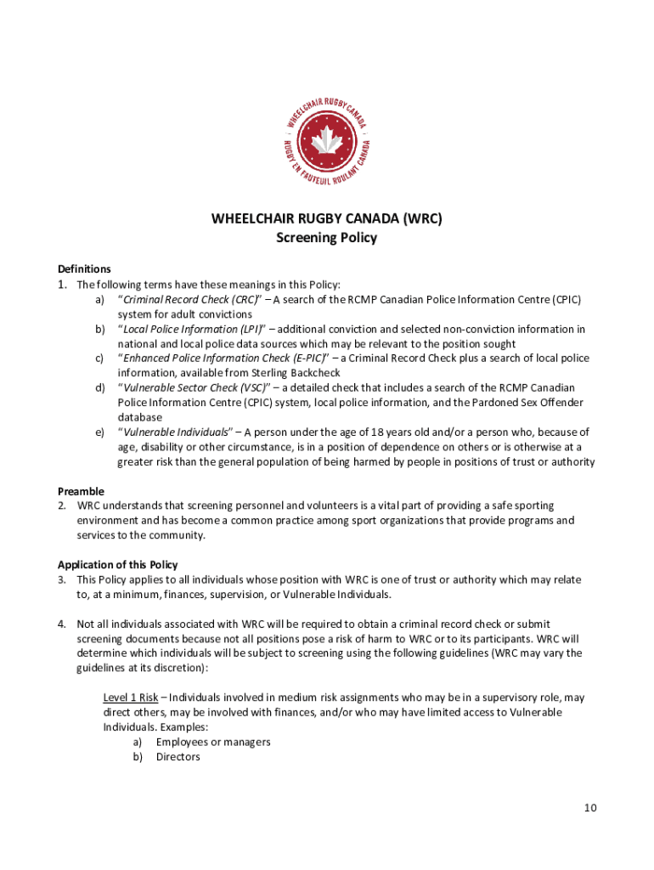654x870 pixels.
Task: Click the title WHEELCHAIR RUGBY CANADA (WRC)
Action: [326, 218]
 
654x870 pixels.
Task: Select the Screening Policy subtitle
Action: [326, 238]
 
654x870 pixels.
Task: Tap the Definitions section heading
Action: [84, 268]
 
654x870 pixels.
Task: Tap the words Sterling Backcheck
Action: [294, 373]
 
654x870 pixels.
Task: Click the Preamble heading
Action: [81, 491]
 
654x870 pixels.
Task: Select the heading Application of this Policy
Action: [117, 564]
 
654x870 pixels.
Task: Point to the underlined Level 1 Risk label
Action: [130, 698]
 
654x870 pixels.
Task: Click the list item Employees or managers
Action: [213, 742]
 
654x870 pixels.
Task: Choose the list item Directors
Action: [178, 756]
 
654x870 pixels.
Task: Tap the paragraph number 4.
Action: [62, 624]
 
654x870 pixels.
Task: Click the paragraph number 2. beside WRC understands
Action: [62, 506]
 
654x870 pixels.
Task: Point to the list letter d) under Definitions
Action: [99, 388]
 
